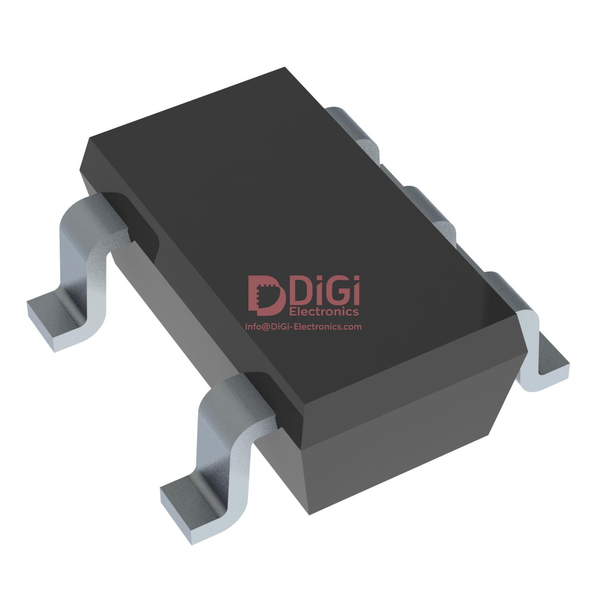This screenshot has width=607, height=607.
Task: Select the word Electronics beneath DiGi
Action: (x=325, y=311)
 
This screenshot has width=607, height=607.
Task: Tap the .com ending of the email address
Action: (x=350, y=327)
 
